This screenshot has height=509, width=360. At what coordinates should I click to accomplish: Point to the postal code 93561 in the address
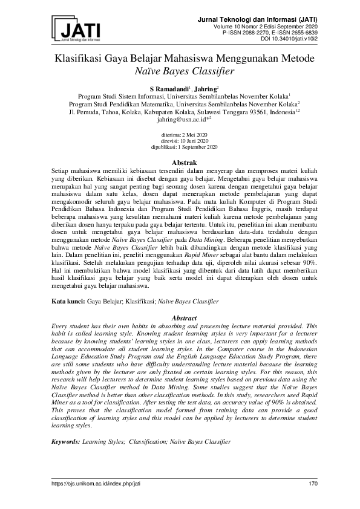click(237, 112)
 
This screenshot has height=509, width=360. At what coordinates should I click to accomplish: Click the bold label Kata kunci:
click(68, 300)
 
